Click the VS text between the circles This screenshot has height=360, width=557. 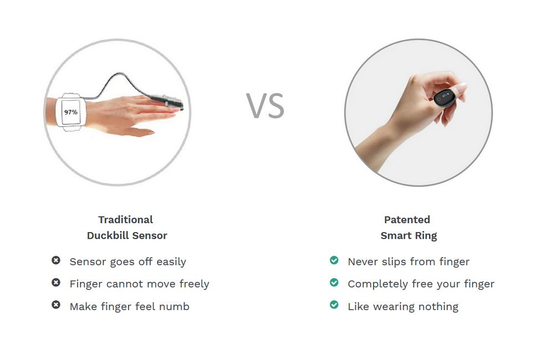point(265,105)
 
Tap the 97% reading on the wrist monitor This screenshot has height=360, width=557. point(71,112)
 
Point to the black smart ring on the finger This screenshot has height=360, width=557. point(444,97)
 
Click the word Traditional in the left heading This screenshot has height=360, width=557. point(126,220)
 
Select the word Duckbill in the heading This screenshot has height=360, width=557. point(108,235)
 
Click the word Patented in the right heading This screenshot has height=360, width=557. point(407,220)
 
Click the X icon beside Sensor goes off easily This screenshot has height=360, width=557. point(56,260)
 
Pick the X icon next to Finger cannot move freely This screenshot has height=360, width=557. point(56,282)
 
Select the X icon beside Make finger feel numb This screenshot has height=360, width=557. point(56,305)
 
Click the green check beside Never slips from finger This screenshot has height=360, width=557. point(334,260)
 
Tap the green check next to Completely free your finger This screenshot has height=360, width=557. point(334,282)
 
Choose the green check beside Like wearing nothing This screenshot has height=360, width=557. point(334,305)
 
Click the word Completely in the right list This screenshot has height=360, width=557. point(378,284)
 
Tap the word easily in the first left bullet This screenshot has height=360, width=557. point(171,262)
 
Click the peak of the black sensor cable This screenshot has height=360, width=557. point(117,74)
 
